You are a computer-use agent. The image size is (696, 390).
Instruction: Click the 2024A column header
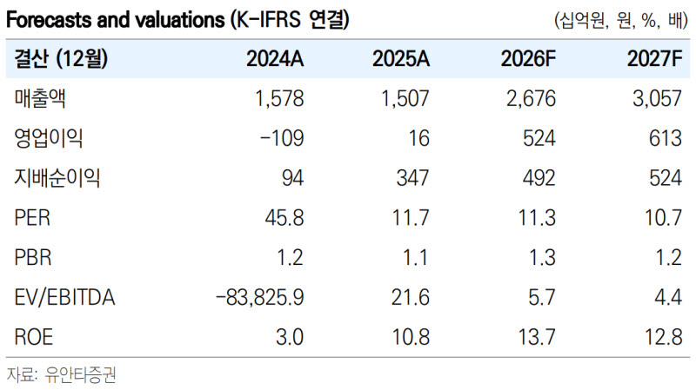(x=275, y=58)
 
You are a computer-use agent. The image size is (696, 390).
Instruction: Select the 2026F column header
(x=528, y=58)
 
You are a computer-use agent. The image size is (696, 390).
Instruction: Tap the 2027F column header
(x=654, y=58)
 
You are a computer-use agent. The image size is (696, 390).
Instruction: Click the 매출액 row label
(x=40, y=98)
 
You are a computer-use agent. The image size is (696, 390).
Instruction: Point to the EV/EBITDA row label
(x=64, y=297)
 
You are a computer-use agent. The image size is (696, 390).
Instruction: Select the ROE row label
(x=34, y=337)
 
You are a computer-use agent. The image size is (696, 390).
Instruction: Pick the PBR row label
(x=33, y=257)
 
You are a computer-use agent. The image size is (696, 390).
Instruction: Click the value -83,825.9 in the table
(x=259, y=297)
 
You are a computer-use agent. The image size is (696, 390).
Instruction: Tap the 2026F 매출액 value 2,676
(x=531, y=98)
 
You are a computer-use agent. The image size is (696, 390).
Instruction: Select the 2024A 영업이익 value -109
(x=282, y=138)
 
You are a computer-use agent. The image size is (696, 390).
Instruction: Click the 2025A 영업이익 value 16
(x=418, y=138)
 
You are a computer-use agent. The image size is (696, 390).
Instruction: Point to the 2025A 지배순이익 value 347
(x=412, y=178)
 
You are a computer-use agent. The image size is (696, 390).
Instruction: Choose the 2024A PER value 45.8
(x=284, y=218)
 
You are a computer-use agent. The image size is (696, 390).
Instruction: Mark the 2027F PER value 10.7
(x=663, y=218)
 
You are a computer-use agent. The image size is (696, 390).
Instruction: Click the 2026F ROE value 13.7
(x=537, y=337)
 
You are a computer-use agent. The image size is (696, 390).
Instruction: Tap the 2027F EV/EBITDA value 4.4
(x=668, y=297)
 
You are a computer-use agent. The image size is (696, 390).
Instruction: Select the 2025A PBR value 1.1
(x=416, y=257)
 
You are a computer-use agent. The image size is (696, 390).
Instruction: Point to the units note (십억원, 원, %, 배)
(x=621, y=20)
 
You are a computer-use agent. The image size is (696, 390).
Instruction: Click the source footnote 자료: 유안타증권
(x=61, y=375)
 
